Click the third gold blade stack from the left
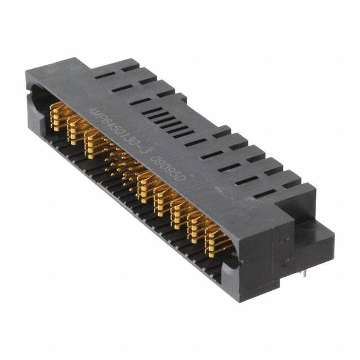pyautogui.click(x=93, y=141)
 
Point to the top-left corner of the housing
pyautogui.click(x=28, y=73)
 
